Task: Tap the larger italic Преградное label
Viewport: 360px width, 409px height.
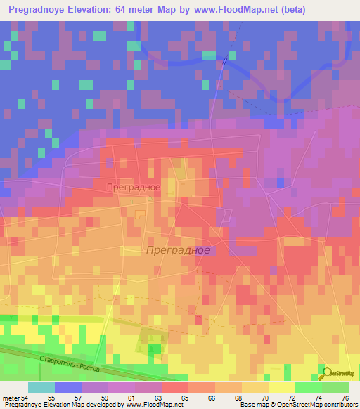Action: pos(177,250)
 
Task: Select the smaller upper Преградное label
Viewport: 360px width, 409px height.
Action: pos(134,188)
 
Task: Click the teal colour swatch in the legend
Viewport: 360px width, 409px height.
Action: pos(41,387)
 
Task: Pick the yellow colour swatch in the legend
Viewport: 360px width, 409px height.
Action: pos(282,387)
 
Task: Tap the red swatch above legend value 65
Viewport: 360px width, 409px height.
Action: pos(175,387)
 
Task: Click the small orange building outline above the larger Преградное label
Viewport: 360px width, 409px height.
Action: pos(140,214)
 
